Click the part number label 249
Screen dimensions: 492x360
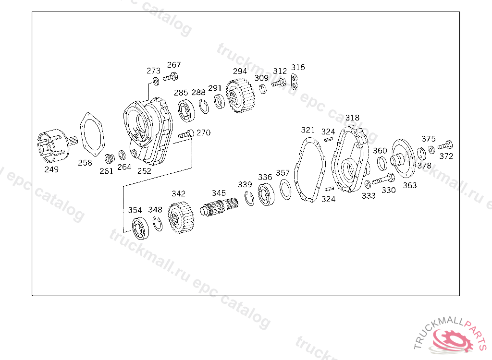51,169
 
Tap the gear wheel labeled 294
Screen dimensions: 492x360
240,96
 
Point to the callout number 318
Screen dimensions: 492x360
352,118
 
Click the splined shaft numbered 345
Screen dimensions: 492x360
219,207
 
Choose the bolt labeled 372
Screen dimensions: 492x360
445,145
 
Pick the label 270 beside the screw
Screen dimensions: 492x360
203,132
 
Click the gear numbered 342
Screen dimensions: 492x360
181,217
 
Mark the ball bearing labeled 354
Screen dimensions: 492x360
140,228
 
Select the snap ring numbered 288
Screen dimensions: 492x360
204,106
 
